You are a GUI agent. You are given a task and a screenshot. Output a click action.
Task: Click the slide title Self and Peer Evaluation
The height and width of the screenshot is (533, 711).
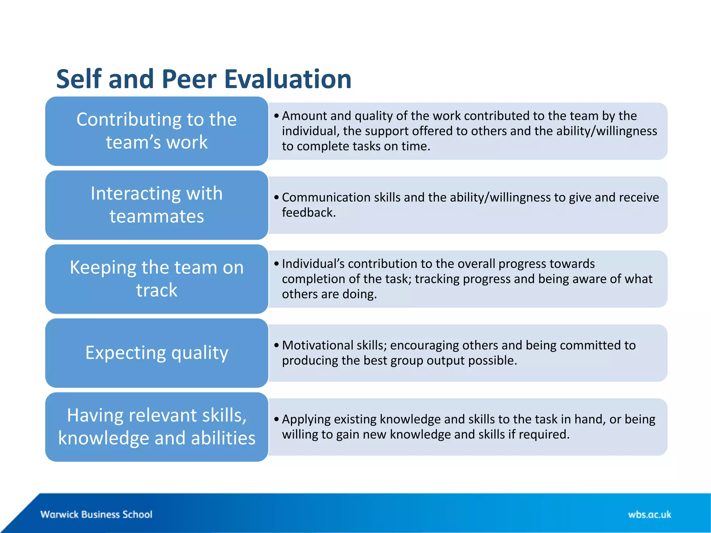point(204,79)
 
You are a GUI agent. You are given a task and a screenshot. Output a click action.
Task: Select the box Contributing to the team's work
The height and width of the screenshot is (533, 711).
point(157,131)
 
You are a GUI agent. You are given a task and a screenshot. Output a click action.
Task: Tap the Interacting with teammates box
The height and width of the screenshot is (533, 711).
point(157,205)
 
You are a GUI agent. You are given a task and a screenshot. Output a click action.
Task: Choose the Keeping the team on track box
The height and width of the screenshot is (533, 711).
point(157,279)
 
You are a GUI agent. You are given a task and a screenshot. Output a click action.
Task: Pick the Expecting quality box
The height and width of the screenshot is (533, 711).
point(157,353)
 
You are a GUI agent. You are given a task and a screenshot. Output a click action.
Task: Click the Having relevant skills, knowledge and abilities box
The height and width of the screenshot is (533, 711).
point(157,427)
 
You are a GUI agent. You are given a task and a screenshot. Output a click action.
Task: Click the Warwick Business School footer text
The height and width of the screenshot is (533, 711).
point(96,514)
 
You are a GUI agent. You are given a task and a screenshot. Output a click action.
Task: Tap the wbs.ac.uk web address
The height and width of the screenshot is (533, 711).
point(649,514)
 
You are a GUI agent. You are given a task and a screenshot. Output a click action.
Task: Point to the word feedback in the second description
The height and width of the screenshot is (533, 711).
point(308,212)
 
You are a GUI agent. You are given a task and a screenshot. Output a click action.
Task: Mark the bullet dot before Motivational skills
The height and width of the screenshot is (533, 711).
point(276,345)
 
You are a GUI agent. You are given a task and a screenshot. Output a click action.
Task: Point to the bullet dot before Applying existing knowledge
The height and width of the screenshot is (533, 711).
point(276,419)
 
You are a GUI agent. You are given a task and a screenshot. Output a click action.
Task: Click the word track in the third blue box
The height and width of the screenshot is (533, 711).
point(157,290)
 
